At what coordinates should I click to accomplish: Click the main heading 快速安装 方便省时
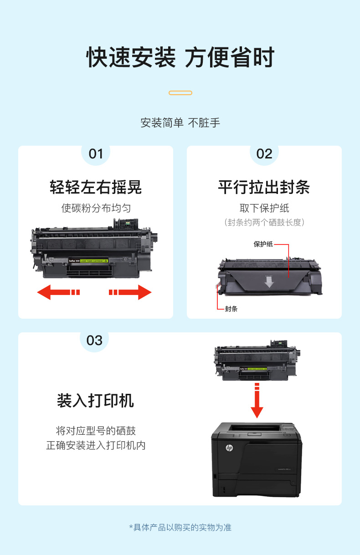180,57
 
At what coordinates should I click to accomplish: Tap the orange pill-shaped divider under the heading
180,93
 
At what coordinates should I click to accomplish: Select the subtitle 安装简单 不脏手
180,123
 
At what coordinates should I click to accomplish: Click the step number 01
96,154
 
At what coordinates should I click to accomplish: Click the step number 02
264,154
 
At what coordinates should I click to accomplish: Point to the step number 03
94,341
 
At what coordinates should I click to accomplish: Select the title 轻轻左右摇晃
96,187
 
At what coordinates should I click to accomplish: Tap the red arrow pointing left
58,292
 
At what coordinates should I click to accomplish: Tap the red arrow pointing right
130,292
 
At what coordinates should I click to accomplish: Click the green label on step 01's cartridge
94,261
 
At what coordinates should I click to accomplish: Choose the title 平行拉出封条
264,187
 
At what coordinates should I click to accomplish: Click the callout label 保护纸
263,244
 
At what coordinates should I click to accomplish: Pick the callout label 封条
231,309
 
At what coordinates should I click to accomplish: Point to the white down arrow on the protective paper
269,282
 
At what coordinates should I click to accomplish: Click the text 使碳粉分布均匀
96,208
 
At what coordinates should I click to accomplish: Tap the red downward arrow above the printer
257,400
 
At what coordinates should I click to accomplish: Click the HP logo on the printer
229,448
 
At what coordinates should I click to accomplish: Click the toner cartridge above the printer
257,361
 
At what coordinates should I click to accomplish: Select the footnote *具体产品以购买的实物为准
180,528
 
